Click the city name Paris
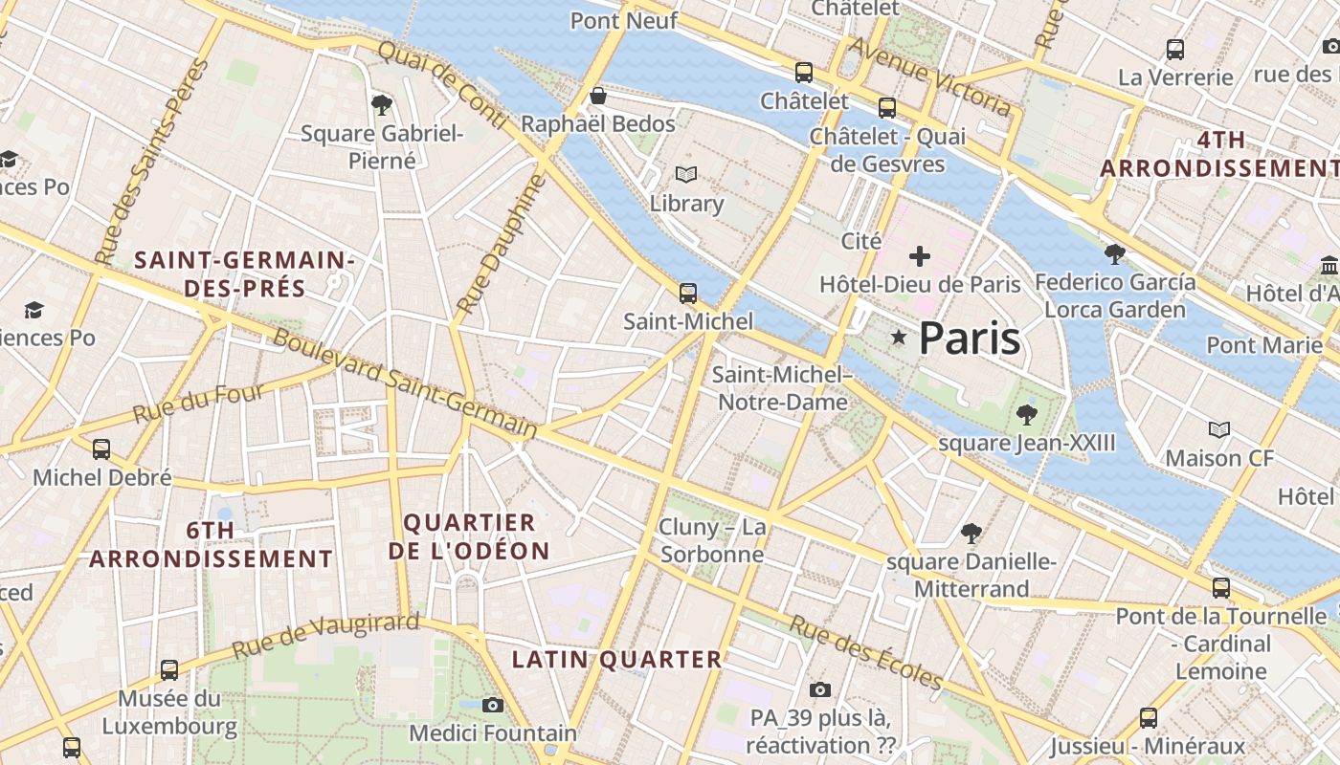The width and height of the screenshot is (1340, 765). click(x=970, y=339)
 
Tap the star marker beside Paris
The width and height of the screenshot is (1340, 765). click(x=898, y=338)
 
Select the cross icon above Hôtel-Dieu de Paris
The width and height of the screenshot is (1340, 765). click(x=920, y=255)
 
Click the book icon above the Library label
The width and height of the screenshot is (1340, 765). click(x=686, y=174)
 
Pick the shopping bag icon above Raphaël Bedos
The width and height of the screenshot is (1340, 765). click(x=597, y=96)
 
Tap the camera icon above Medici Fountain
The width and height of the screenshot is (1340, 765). click(x=493, y=705)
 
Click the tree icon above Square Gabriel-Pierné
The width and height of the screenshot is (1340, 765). click(x=382, y=104)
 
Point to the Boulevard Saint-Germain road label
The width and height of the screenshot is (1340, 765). click(x=405, y=382)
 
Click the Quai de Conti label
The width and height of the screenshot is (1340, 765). click(x=442, y=84)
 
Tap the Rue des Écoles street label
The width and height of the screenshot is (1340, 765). click(x=865, y=652)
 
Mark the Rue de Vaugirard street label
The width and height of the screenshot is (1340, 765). click(x=325, y=635)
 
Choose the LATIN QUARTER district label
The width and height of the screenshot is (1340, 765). click(x=616, y=659)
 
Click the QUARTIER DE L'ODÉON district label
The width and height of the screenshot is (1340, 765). click(x=469, y=536)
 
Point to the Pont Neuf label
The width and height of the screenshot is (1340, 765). click(x=623, y=20)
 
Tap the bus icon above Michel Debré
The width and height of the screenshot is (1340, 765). click(x=100, y=448)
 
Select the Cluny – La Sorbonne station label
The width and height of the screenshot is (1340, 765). click(x=712, y=540)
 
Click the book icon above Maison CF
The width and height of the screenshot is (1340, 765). click(x=1218, y=429)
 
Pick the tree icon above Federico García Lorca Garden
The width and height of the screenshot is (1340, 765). click(x=1114, y=253)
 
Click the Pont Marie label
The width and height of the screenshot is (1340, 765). click(x=1263, y=344)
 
